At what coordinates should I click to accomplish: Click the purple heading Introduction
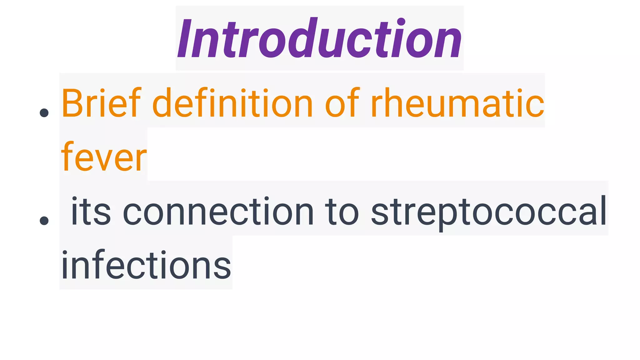click(x=319, y=38)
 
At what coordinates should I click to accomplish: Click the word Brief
click(x=101, y=103)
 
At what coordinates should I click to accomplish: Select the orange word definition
click(x=232, y=103)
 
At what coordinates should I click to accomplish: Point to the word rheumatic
click(x=457, y=103)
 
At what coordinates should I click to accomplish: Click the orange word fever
click(x=104, y=157)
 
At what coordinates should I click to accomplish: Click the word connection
click(x=218, y=212)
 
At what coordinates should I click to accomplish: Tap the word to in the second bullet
click(x=342, y=212)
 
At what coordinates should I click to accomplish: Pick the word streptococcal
click(x=489, y=212)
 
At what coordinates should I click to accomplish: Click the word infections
click(x=146, y=265)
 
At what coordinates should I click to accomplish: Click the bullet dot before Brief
click(x=44, y=113)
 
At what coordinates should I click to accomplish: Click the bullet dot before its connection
click(x=44, y=221)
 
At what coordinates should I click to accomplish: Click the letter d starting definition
click(x=162, y=103)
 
